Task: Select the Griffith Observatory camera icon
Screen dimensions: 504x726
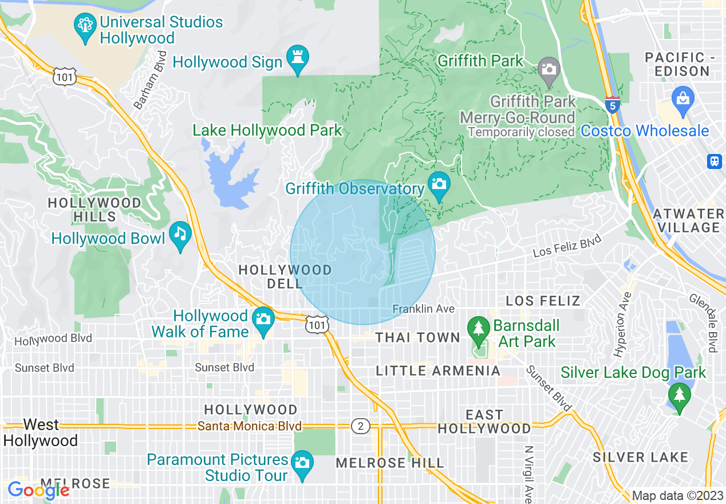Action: [x=439, y=184]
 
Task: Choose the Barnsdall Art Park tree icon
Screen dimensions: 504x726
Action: [x=479, y=328]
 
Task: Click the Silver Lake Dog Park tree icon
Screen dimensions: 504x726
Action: [x=679, y=395]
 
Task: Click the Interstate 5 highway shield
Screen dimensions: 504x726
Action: [x=613, y=105]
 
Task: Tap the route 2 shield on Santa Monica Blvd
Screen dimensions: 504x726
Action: [x=360, y=426]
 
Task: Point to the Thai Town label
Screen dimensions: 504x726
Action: [x=418, y=338]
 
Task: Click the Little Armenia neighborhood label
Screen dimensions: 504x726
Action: [x=438, y=371]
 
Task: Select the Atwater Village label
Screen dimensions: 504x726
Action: [x=689, y=220]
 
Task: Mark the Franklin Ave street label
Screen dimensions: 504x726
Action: [x=424, y=309]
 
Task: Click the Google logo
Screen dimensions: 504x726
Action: [x=38, y=490]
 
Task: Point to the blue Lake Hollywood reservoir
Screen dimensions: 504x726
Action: [x=229, y=175]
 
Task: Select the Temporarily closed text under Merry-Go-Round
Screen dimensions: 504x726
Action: [x=521, y=132]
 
